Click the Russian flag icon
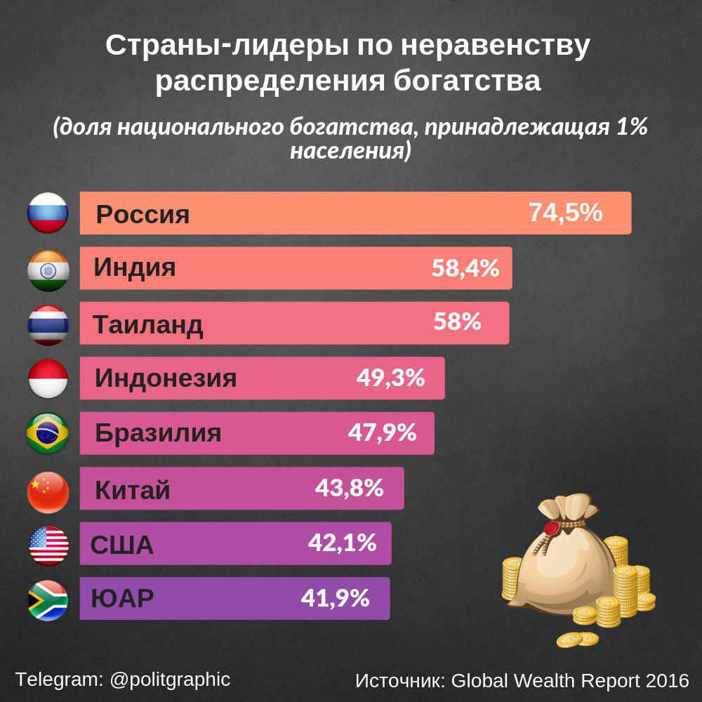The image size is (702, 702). point(48,213)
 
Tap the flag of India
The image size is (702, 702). point(48,268)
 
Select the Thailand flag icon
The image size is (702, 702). point(48,324)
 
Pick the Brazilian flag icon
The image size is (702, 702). point(48,433)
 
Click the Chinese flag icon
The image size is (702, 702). point(48,490)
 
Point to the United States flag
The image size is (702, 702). point(48,545)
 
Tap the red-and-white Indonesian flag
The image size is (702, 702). point(48,378)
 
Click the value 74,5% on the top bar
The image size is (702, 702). point(565,212)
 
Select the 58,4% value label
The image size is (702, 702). point(465,267)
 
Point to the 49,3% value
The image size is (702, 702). point(390,378)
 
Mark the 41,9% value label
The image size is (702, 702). point(335,598)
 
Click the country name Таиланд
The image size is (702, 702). point(148,324)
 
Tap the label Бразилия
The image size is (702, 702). point(158,433)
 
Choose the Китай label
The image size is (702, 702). point(133,490)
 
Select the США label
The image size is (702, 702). point(121,545)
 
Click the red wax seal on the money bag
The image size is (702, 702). point(552,526)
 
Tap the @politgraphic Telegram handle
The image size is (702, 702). point(170,680)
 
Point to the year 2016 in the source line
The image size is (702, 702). point(667,680)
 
